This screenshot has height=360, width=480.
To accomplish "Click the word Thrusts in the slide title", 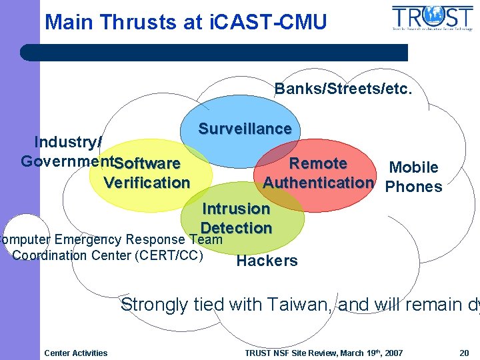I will click(x=136, y=22).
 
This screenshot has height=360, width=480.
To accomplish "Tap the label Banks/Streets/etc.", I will click(x=344, y=88).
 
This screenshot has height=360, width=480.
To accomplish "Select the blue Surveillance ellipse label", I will click(x=245, y=129).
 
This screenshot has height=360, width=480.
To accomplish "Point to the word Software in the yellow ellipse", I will click(x=147, y=163).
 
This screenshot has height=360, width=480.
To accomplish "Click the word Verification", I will click(x=147, y=183).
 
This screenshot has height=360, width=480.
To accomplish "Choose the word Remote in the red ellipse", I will click(x=318, y=163).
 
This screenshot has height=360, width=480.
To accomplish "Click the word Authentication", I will click(x=318, y=183).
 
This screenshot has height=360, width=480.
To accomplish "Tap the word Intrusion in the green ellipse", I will click(x=236, y=209).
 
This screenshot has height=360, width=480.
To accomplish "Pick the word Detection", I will click(x=237, y=227).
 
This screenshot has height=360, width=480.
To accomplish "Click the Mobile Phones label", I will click(x=413, y=177).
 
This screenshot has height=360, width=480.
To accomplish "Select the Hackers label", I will click(x=267, y=261).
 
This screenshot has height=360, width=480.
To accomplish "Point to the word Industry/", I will click(x=68, y=142).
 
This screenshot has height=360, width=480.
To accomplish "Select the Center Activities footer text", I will click(x=75, y=353).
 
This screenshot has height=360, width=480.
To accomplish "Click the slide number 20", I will click(x=464, y=353).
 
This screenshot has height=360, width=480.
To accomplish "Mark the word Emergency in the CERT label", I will click(x=89, y=239).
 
